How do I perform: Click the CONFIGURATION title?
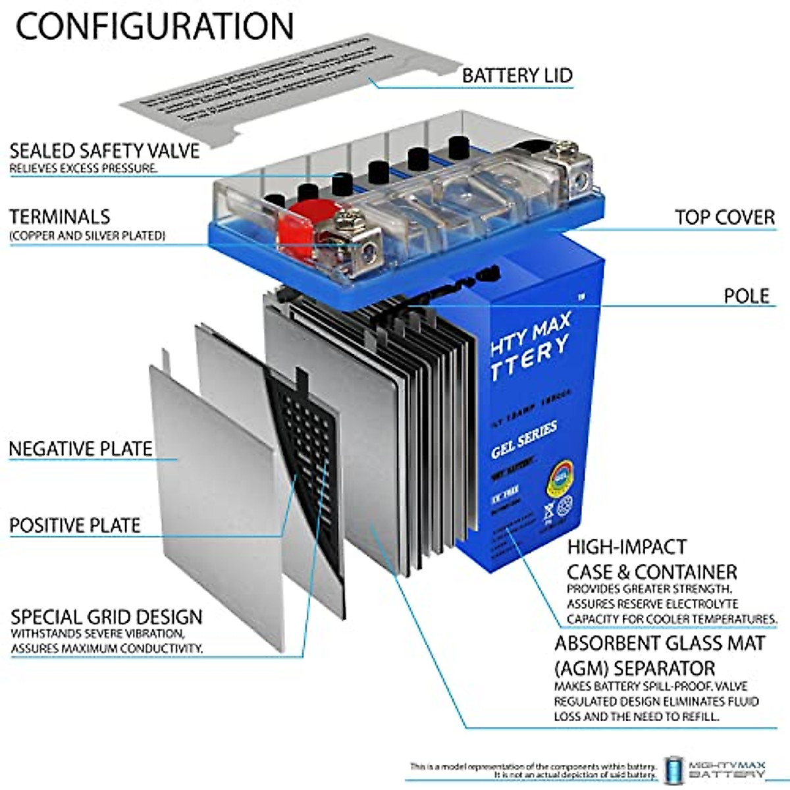tap(155, 26)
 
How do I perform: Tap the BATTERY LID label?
tap(517, 75)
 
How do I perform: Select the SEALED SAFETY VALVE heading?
tap(104, 150)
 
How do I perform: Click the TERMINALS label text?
tap(59, 217)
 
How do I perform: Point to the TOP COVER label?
tap(724, 217)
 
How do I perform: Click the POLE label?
tap(746, 296)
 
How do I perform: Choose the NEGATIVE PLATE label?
tap(80, 449)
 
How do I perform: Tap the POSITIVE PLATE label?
tap(74, 525)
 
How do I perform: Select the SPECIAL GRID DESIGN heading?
tap(106, 618)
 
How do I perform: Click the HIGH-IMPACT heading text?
tap(618, 547)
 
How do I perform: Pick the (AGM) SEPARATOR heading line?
tap(634, 668)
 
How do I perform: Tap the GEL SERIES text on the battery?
tap(524, 440)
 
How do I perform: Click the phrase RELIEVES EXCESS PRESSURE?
tap(83, 169)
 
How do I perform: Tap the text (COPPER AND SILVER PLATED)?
tap(87, 235)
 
